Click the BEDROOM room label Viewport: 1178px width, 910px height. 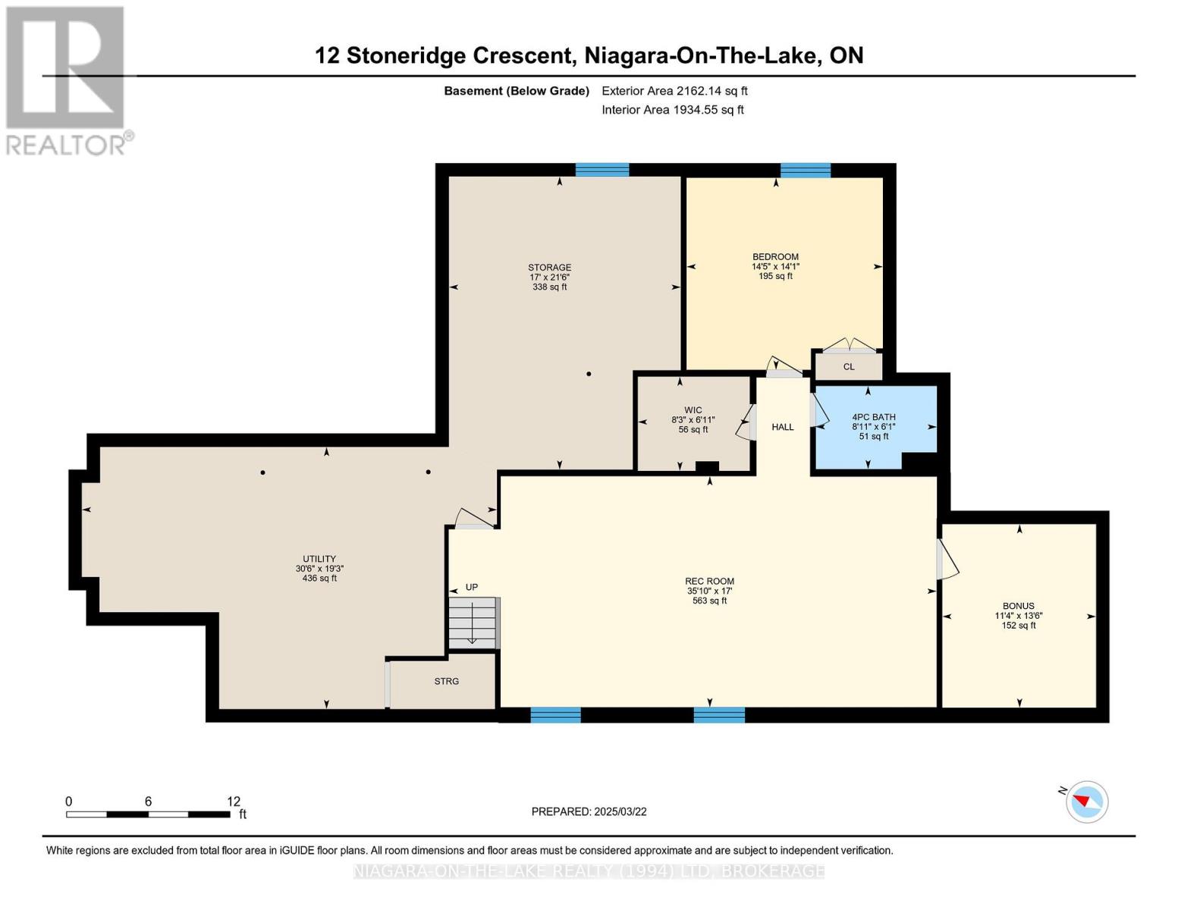click(775, 257)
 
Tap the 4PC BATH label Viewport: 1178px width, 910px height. click(873, 417)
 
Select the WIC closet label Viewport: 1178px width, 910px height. click(693, 410)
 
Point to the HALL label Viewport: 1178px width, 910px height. click(782, 427)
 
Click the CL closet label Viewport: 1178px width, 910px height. click(848, 367)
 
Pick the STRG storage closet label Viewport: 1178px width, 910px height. click(446, 681)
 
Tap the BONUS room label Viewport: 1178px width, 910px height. click(1018, 606)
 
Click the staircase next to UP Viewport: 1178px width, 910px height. click(472, 623)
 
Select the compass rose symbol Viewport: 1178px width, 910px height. click(1086, 802)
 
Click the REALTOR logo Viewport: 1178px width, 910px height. click(65, 81)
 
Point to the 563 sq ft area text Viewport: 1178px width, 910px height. click(709, 601)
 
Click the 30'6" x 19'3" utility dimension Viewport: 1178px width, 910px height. click(319, 569)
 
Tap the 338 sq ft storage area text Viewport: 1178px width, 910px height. click(549, 287)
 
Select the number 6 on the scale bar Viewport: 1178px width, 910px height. click(148, 801)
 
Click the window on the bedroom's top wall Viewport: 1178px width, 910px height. click(805, 170)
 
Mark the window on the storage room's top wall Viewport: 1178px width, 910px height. click(602, 170)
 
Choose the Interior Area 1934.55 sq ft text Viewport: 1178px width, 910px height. click(672, 109)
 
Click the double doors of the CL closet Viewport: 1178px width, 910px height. click(849, 346)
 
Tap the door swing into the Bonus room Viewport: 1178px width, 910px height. click(947, 560)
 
